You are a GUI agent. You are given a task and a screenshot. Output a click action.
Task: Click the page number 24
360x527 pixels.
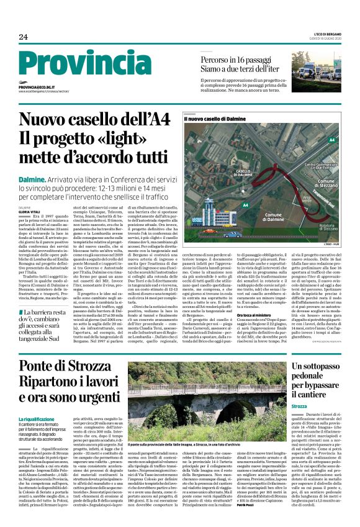(23, 37)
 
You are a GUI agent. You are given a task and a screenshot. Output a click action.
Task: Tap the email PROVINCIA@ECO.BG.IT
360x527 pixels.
(37, 88)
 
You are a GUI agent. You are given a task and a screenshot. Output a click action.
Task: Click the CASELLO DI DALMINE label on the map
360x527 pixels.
(243, 174)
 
